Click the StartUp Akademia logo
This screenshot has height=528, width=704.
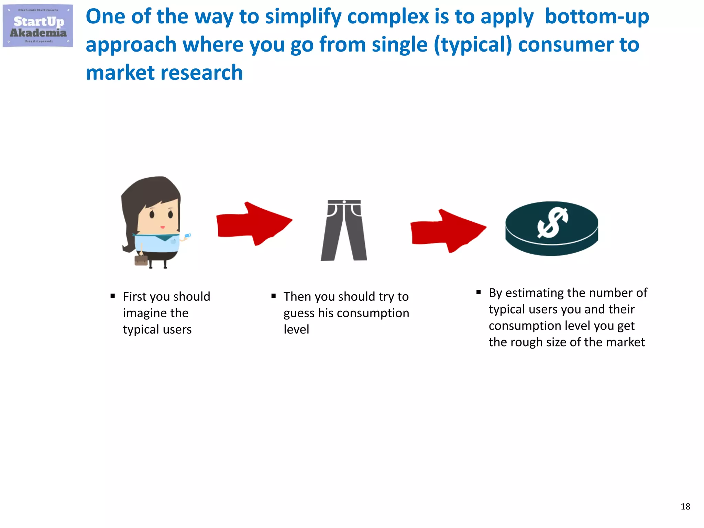click(x=38, y=26)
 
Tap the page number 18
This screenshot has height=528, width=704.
click(x=685, y=506)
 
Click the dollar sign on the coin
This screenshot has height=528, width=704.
click(x=552, y=223)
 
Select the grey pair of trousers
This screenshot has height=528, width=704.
click(x=344, y=230)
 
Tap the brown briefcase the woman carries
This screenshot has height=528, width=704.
click(x=141, y=260)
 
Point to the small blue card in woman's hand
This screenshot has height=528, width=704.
click(x=188, y=235)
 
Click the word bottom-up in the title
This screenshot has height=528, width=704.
click(x=597, y=16)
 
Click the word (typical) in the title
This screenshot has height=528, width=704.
click(x=473, y=45)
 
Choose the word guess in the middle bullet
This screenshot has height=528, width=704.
click(x=299, y=313)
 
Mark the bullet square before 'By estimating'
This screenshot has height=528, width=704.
click(x=478, y=292)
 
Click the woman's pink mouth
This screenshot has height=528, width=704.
click(x=163, y=227)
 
